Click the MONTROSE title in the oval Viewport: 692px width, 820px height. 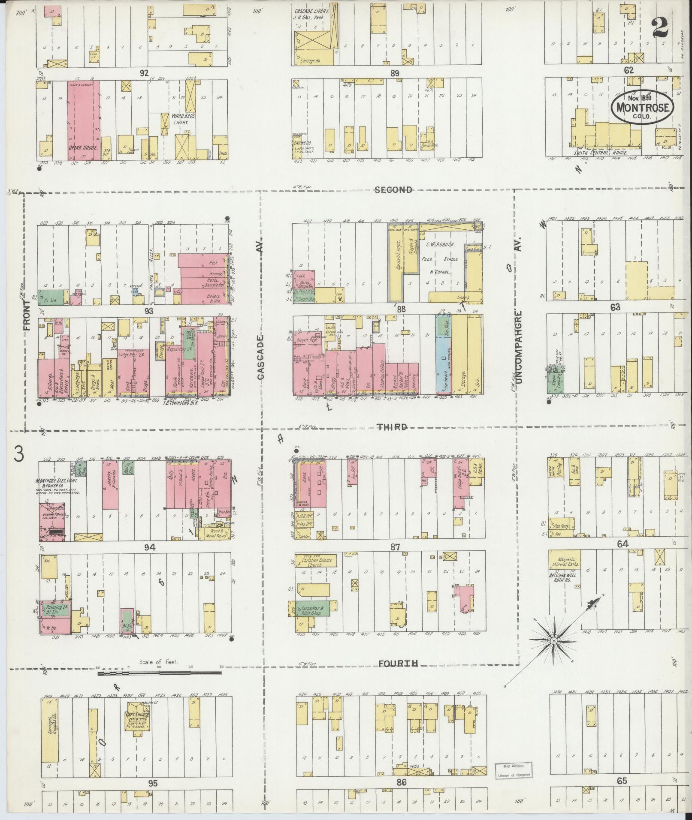pyautogui.click(x=642, y=107)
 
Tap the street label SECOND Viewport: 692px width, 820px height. pyautogui.click(x=393, y=190)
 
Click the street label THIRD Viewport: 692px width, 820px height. pyautogui.click(x=392, y=427)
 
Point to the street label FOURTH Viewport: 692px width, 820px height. pyautogui.click(x=398, y=676)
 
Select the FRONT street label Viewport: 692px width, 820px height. pyautogui.click(x=27, y=315)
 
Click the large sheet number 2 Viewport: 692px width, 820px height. pyautogui.click(x=661, y=29)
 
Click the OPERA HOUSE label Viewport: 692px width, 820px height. pyautogui.click(x=83, y=148)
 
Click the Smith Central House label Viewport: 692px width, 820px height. pyautogui.click(x=601, y=152)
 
